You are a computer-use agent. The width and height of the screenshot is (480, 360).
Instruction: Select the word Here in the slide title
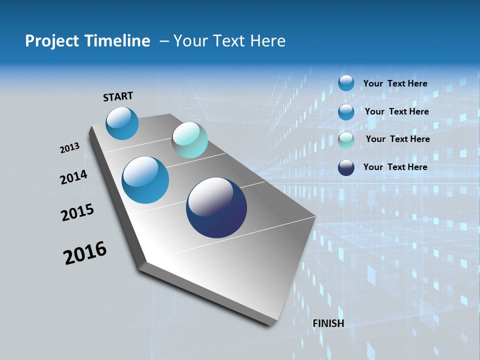coord(268,41)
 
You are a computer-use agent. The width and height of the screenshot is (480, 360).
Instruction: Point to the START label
coord(118,96)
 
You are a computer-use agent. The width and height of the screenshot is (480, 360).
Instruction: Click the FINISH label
coord(328,323)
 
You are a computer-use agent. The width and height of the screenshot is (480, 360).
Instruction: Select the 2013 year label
coord(69,148)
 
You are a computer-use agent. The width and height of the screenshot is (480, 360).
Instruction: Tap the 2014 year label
coord(73,177)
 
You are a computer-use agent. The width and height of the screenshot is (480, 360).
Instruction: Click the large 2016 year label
coord(85,253)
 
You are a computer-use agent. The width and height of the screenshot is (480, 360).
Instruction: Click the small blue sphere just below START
coord(122,123)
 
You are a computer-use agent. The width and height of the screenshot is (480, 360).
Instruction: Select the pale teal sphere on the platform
coord(190,140)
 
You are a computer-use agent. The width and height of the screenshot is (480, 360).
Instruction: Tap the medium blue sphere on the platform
coord(145,180)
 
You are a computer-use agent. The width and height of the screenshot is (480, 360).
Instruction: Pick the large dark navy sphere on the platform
coord(216,207)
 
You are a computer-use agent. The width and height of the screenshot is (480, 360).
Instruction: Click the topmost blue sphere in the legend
coord(346,83)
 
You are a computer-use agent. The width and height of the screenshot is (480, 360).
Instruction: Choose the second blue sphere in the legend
coord(346,112)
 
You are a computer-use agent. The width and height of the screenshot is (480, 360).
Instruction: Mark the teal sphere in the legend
coord(346,140)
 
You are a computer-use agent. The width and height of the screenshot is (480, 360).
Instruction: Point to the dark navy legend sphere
coord(346,167)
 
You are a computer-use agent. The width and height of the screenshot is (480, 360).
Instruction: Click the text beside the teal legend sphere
coord(397,139)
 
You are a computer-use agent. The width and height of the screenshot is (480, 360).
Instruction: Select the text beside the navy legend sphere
coord(395,167)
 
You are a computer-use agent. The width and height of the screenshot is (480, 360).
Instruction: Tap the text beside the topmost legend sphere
coord(395,83)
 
